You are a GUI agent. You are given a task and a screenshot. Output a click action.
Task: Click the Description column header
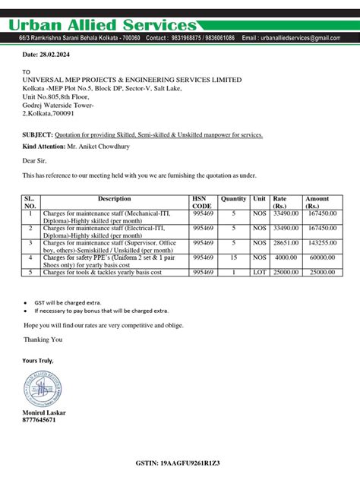click(115, 199)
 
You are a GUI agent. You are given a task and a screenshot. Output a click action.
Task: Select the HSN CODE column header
click(202, 203)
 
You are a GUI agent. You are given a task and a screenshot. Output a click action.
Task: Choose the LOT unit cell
click(260, 272)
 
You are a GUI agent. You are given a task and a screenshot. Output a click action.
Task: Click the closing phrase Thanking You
click(43, 339)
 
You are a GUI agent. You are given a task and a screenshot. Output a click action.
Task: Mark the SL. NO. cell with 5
click(30, 272)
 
